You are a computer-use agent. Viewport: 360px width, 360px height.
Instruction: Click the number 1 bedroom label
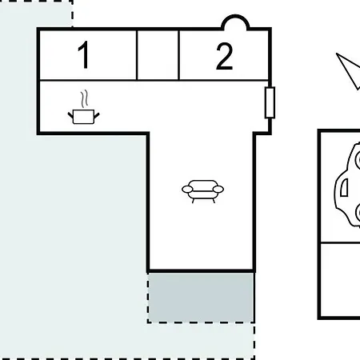83,54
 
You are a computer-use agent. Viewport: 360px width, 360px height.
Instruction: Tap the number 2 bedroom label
224,56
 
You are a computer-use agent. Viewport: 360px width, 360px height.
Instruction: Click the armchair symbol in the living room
202,191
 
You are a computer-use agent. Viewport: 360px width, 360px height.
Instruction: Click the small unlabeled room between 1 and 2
158,55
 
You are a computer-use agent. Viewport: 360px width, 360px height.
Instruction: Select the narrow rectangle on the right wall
270,102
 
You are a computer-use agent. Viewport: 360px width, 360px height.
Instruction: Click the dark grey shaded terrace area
201,297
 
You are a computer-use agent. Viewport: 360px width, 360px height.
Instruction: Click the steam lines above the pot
84,98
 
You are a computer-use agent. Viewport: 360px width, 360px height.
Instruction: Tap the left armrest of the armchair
187,189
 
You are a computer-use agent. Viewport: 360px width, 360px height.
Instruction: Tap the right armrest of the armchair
218,189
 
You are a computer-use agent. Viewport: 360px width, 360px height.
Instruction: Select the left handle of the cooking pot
70,116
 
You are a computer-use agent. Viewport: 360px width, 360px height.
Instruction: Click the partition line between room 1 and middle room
137,55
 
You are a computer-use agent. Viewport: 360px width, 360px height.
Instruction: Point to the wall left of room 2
179,55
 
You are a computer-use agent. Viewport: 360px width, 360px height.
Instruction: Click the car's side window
345,187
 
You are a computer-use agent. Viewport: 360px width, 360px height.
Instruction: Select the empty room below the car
341,279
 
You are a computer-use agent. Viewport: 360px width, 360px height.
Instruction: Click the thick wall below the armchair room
202,271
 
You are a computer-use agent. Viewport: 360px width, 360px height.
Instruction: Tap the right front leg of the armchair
214,201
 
